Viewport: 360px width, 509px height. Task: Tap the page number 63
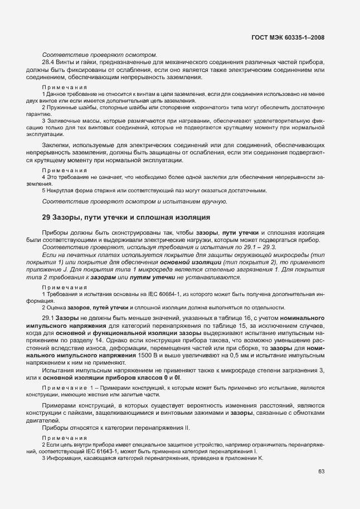(322, 472)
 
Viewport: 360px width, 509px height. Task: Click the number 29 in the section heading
(47, 216)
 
